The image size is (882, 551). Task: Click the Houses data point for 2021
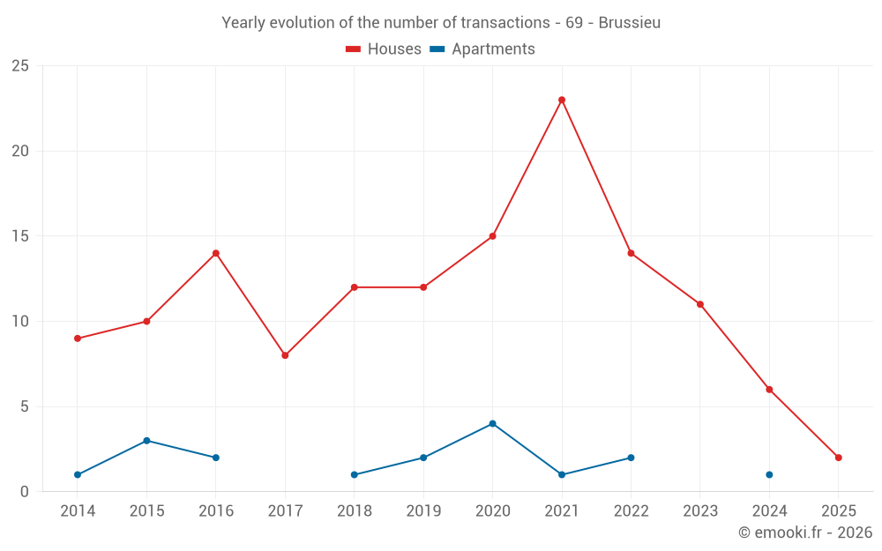(562, 100)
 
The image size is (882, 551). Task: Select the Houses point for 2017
(285, 355)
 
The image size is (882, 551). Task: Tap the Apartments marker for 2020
(492, 423)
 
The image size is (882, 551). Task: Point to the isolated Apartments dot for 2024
(769, 474)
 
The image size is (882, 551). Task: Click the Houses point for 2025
(838, 458)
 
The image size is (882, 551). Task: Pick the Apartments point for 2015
(146, 441)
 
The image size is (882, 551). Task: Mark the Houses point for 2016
(215, 253)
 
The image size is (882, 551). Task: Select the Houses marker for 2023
(700, 304)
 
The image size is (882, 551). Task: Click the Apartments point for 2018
(354, 474)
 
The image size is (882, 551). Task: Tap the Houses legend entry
(384, 49)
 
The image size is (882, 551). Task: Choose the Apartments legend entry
(482, 49)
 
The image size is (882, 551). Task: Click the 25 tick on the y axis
(20, 66)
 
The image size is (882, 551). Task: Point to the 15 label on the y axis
(20, 236)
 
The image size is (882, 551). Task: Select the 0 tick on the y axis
(25, 492)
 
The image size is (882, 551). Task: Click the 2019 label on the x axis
(423, 511)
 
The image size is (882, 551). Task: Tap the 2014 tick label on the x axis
(78, 511)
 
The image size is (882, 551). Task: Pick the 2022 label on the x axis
(631, 511)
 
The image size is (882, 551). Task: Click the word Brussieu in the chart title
(629, 23)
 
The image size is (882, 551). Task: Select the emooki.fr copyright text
(804, 532)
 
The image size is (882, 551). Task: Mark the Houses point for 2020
(492, 236)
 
